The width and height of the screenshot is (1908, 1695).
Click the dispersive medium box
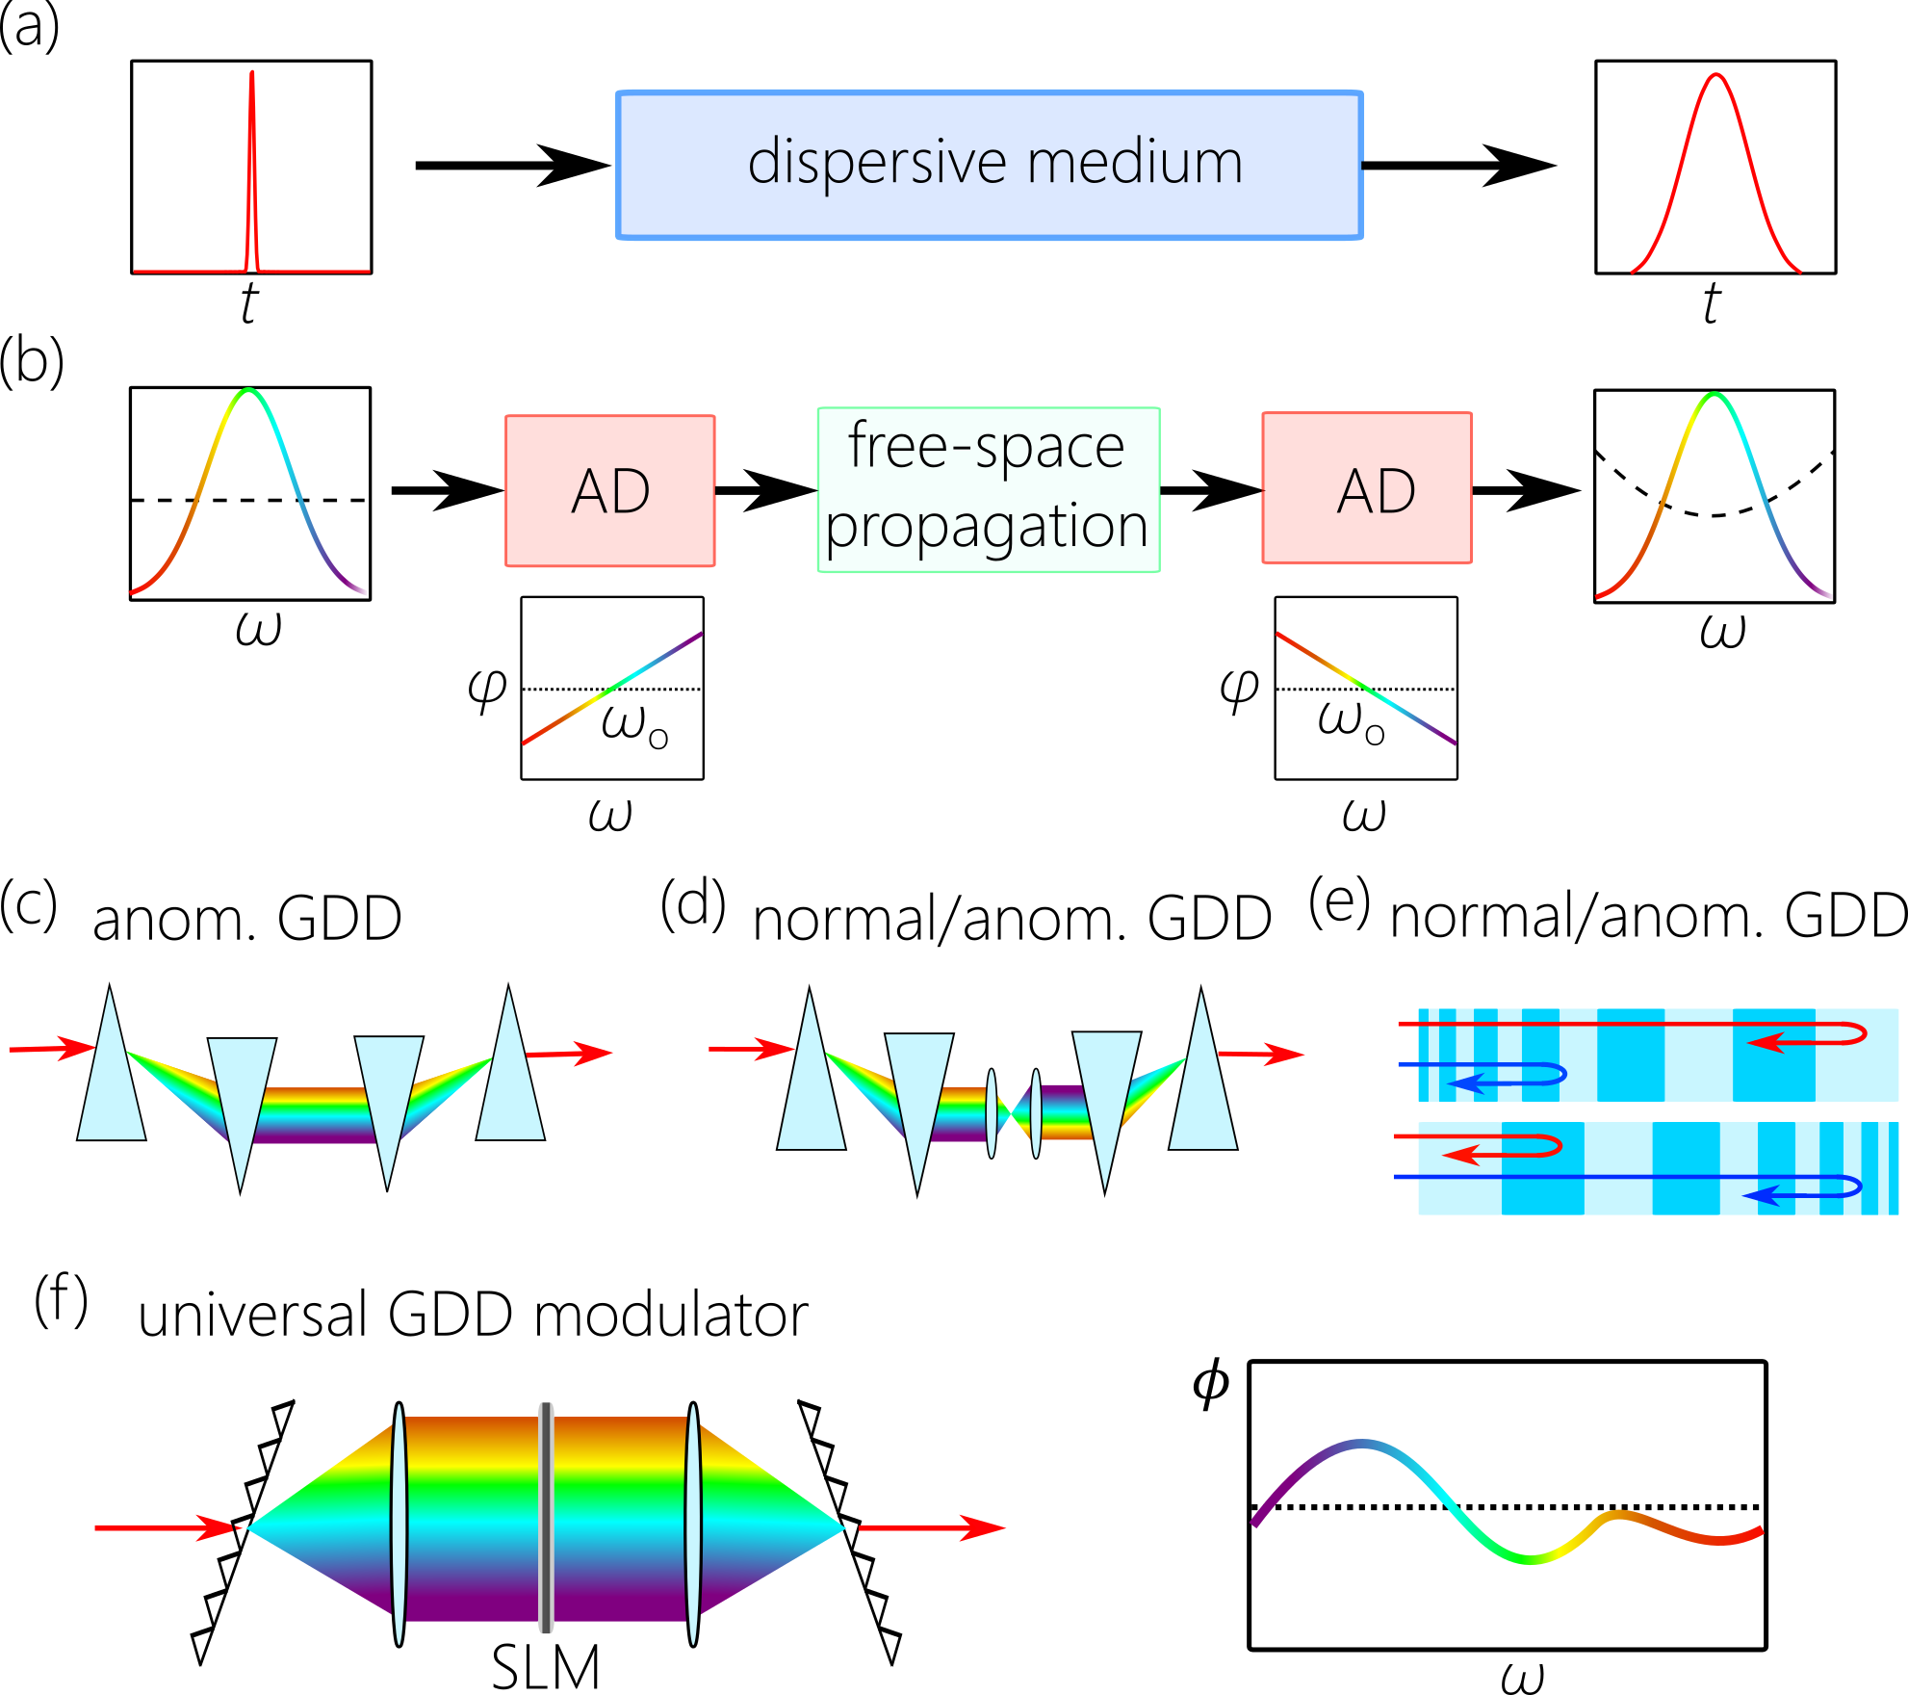[989, 165]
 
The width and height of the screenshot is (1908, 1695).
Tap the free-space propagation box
[988, 489]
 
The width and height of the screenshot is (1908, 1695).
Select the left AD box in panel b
[609, 490]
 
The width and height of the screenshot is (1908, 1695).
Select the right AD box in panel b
[1366, 487]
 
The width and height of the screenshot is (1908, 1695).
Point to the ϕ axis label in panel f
[1210, 1383]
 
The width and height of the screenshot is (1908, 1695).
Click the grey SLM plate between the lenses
[546, 1517]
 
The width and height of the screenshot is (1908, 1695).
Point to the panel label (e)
[1339, 901]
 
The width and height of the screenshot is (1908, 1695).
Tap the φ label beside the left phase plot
[487, 689]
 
